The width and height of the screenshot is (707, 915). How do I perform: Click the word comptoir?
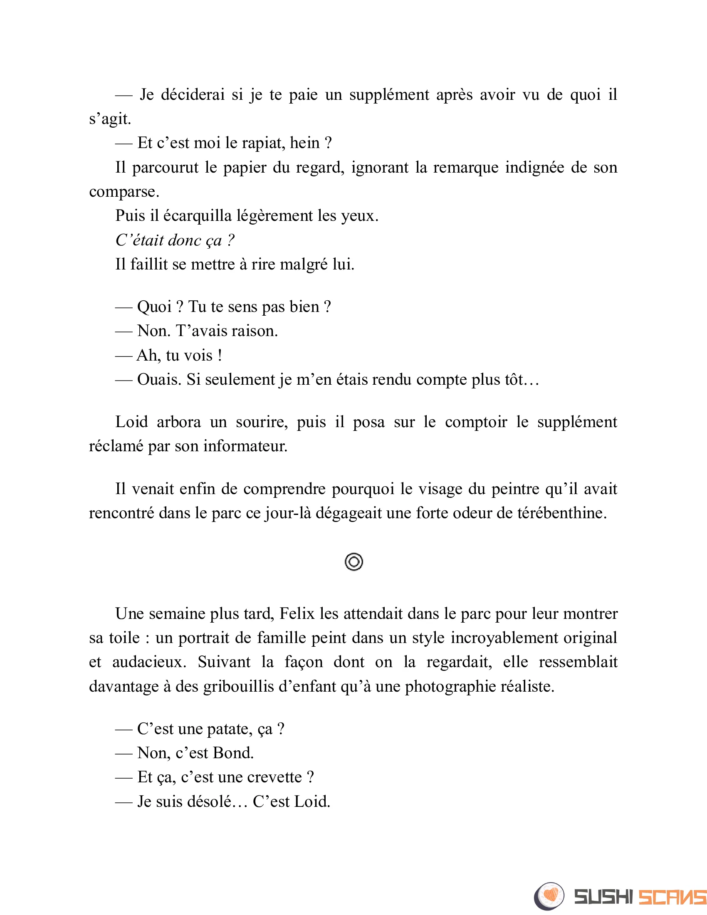[x=476, y=422]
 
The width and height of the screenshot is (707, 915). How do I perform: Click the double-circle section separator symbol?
[x=353, y=562]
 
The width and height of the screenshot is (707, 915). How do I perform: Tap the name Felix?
[x=297, y=614]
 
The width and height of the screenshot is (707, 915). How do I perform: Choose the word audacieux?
[x=149, y=663]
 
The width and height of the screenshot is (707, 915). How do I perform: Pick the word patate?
[x=230, y=730]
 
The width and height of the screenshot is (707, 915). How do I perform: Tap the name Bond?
[x=232, y=753]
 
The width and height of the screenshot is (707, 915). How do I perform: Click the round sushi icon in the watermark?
[x=549, y=896]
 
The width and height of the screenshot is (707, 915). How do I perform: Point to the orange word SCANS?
[x=672, y=897]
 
